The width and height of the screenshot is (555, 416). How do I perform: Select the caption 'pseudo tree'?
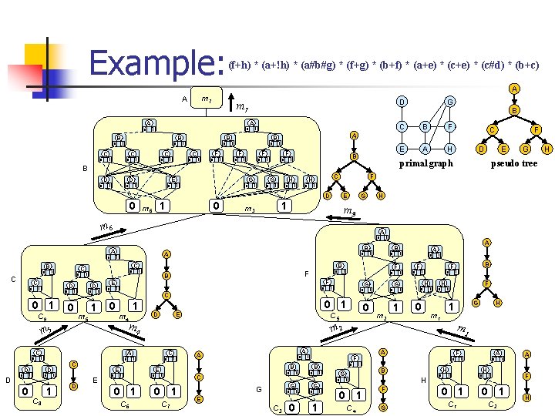click(x=514, y=163)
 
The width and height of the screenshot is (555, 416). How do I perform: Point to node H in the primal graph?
click(x=450, y=149)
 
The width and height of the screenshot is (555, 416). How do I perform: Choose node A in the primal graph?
click(x=424, y=149)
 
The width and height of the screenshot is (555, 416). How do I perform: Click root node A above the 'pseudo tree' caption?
click(x=514, y=89)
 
